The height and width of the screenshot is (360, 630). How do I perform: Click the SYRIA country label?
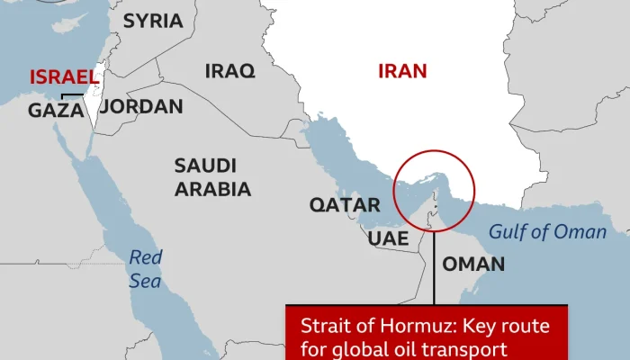pyautogui.click(x=152, y=21)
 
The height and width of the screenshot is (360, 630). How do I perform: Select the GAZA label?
pyautogui.click(x=56, y=110)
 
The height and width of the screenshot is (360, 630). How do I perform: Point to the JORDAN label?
pyautogui.click(x=141, y=106)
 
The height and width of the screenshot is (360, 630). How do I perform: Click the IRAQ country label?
pyautogui.click(x=229, y=70)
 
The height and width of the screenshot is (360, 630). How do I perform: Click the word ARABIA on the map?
pyautogui.click(x=212, y=189)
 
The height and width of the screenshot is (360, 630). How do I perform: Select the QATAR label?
pyautogui.click(x=345, y=205)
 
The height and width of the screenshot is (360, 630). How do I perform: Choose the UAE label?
pyautogui.click(x=388, y=239)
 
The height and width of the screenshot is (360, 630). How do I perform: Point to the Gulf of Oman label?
pyautogui.click(x=547, y=232)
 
